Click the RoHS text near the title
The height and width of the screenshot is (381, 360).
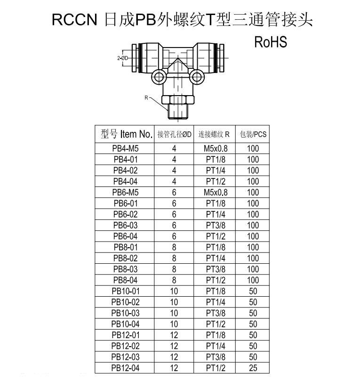(x=271, y=42)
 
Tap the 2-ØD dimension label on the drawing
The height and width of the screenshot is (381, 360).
(x=122, y=58)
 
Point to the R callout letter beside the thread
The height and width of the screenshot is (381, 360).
(x=146, y=97)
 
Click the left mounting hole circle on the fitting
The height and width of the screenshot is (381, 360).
(x=159, y=77)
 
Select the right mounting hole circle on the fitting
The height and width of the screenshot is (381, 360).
(x=197, y=77)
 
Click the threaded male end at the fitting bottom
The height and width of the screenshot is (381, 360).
(x=178, y=112)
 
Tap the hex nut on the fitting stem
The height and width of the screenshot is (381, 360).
(x=178, y=100)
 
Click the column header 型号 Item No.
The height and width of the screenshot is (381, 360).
(x=127, y=134)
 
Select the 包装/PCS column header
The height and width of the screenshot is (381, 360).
(x=253, y=134)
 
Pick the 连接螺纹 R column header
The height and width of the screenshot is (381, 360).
(x=214, y=134)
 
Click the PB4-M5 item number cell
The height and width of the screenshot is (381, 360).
(x=125, y=148)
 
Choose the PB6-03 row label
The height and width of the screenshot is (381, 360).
(x=125, y=225)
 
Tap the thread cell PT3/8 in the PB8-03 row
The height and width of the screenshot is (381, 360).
(x=216, y=269)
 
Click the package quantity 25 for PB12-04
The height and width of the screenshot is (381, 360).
(x=253, y=368)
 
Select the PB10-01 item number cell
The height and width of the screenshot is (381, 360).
(x=126, y=291)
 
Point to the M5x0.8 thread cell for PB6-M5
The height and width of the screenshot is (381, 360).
(x=216, y=193)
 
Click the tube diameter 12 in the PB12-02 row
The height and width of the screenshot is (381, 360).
(x=174, y=346)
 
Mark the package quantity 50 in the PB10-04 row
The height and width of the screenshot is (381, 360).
(x=253, y=324)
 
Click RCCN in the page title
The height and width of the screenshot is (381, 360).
(x=74, y=19)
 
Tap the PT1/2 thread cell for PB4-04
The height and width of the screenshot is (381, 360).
(x=216, y=181)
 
